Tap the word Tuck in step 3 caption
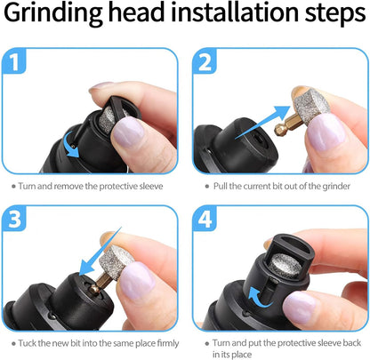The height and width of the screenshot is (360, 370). click(x=33, y=343)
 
